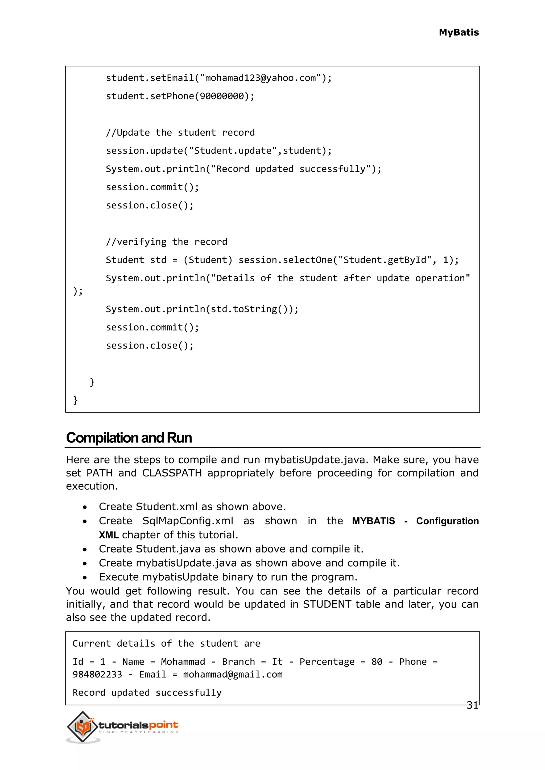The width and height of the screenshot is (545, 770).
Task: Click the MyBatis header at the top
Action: coord(459,32)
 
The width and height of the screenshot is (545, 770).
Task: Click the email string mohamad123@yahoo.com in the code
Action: coord(261,78)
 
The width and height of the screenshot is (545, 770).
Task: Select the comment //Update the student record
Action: coord(180,132)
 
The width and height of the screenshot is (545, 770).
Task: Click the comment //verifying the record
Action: coord(166,242)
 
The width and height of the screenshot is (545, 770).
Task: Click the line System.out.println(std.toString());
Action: coord(202,309)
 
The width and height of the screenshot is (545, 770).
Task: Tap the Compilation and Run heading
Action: coord(129,438)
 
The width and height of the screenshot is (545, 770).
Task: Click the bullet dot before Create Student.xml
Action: coord(85,507)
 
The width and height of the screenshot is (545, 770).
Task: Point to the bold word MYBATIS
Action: coord(373,521)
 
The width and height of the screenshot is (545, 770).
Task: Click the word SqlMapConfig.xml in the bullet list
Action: coord(188,521)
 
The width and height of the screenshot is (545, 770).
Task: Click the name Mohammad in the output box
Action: coord(183,662)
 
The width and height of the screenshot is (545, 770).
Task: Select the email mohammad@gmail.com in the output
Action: coord(233,675)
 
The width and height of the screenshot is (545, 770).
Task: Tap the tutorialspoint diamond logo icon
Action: coord(82,726)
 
